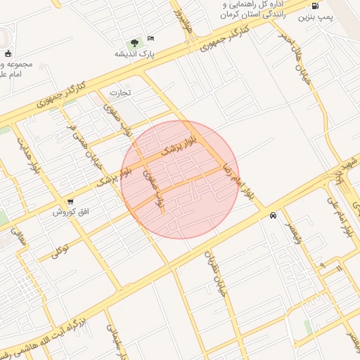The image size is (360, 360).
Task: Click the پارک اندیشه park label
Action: pyautogui.click(x=135, y=54)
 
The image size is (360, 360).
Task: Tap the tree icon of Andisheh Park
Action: pyautogui.click(x=134, y=43)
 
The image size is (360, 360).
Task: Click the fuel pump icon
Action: pyautogui.click(x=314, y=6)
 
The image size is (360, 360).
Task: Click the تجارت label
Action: pyautogui.click(x=120, y=92)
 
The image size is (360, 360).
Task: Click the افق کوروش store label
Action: pyautogui.click(x=72, y=212)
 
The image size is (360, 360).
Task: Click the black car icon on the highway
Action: pyautogui.click(x=272, y=216)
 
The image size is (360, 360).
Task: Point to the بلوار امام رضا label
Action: pyautogui.click(x=242, y=181)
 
